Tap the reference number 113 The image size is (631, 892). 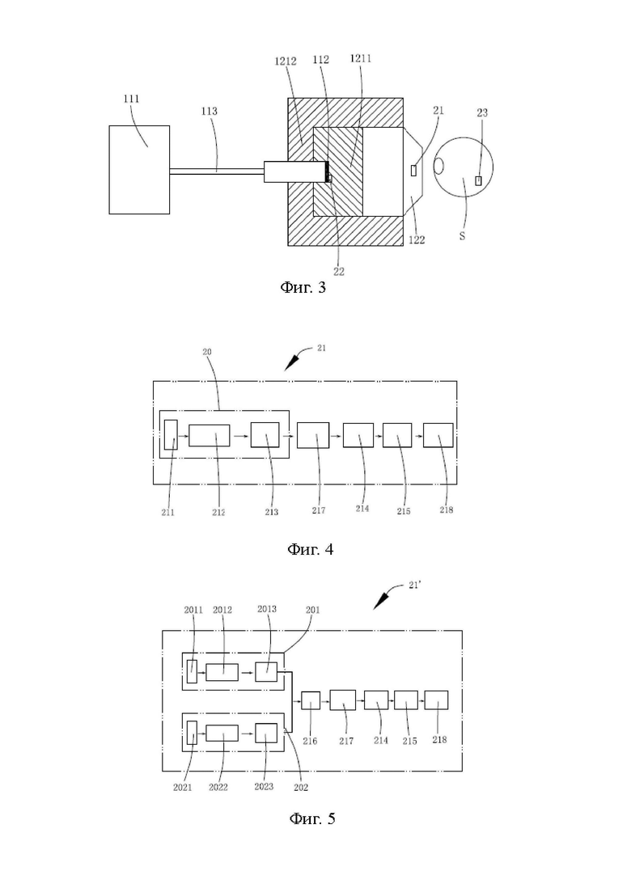point(210,111)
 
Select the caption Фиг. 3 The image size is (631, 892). point(303,287)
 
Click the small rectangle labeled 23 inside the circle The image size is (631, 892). point(479,180)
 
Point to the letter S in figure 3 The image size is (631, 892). point(462,235)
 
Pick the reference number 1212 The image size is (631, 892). point(286,61)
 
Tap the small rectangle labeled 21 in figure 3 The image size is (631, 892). point(413,170)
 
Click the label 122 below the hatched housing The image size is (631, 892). point(417,240)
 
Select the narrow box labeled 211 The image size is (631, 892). point(171,434)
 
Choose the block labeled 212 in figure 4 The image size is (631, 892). point(210,435)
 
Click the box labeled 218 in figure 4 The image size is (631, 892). point(438,435)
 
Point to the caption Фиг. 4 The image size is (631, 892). point(310,550)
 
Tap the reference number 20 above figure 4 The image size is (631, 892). point(207,352)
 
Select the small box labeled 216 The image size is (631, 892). point(311,700)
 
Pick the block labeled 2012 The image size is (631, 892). point(222,672)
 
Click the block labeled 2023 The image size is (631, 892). point(266,733)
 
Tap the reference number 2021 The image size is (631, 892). point(183,788)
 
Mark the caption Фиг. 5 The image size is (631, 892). point(311,818)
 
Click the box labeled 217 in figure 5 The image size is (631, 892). point(342,700)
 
